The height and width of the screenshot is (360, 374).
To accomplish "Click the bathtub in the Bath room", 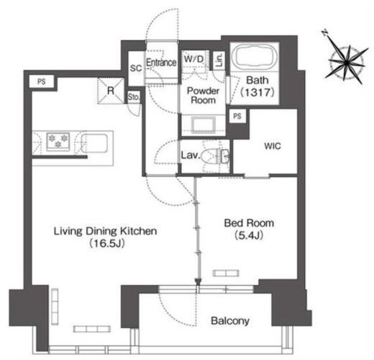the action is [255, 57].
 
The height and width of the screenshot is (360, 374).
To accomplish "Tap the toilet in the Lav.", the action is [215, 157].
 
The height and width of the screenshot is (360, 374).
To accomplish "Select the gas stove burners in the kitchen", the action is [58, 141].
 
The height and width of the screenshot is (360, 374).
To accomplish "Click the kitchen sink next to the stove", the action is [94, 143].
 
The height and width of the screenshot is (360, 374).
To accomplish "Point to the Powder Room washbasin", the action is [203, 124].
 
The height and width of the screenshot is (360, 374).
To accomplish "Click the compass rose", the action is [346, 62].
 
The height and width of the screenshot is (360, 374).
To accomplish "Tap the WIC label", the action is [273, 146].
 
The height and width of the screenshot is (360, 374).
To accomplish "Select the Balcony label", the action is [230, 320].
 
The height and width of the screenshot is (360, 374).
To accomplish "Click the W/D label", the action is [193, 59].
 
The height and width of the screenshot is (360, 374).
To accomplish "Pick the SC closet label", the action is [136, 68].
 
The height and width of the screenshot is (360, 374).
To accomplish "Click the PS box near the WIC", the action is [237, 116].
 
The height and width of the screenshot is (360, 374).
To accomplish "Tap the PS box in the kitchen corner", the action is [42, 82].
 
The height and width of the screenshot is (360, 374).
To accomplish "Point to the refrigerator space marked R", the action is [111, 91].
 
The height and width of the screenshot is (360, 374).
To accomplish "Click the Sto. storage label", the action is [134, 97].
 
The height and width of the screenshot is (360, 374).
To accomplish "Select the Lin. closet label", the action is [219, 60].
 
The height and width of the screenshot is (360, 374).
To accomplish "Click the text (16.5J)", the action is [107, 244].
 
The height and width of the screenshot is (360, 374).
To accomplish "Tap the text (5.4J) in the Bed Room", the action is [249, 236].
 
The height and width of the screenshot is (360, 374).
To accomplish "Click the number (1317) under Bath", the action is [257, 92].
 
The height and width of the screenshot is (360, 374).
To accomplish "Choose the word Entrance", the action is [161, 63].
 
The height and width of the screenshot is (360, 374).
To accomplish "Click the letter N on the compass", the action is [325, 32].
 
